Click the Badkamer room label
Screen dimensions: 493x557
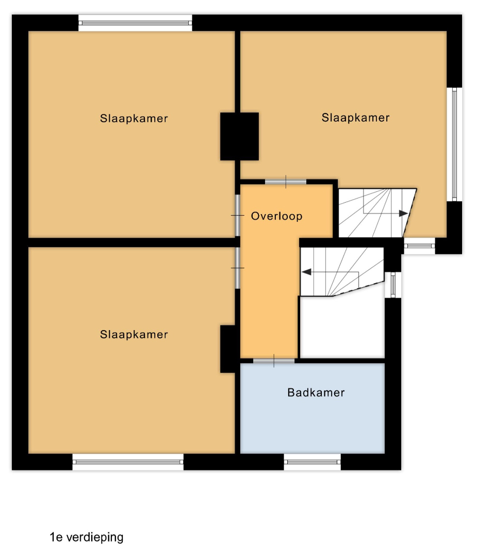[x=316, y=392]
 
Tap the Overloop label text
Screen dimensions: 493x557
[x=277, y=216]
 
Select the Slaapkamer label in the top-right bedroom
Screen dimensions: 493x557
[x=355, y=118]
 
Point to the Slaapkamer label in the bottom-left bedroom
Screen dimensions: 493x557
[x=134, y=334]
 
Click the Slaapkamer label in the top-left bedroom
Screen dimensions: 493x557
[x=134, y=118]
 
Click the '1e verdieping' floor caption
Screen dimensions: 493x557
[x=87, y=537]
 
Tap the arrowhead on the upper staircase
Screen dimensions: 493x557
[x=403, y=214]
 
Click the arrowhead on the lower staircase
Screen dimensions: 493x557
[x=306, y=272]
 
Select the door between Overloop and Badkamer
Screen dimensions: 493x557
[x=274, y=361]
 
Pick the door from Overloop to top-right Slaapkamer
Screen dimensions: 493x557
[x=286, y=182]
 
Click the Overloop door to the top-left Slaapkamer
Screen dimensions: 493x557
[x=238, y=215]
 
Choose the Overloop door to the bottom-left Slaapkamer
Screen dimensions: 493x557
[x=238, y=268]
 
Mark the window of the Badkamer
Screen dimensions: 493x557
[x=312, y=462]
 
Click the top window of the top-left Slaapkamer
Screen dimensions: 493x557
[x=135, y=23]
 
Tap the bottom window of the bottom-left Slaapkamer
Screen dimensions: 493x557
[x=128, y=462]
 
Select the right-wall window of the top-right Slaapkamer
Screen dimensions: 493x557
[x=454, y=144]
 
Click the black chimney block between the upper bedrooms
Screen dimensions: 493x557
[x=239, y=136]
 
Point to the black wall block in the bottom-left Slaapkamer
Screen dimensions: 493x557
[x=227, y=349]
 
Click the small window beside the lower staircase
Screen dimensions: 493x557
[x=393, y=285]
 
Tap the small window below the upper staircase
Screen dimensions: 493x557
[x=419, y=246]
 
